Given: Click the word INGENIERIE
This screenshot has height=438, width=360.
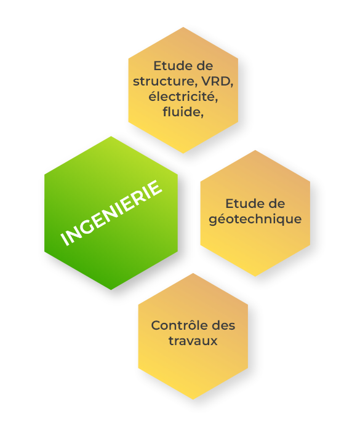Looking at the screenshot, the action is pos(111,213).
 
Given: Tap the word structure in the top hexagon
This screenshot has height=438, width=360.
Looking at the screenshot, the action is pos(164,81).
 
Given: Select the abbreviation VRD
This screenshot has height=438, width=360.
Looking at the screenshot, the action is pos(216,81).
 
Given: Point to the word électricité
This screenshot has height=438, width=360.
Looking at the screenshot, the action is pos(183,97).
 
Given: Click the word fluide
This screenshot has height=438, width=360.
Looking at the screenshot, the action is pos(182,111).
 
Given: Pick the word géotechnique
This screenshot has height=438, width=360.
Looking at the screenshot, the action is pos(255,219).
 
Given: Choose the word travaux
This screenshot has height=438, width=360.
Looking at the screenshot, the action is pos(193,341).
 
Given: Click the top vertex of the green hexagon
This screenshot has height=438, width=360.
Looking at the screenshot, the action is pos(111,137).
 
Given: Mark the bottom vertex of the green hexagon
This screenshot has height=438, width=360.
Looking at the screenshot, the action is pos(111,290).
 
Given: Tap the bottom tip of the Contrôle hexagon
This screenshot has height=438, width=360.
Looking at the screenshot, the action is pos(193,399).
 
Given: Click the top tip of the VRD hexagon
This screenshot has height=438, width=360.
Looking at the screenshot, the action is pos(183,27).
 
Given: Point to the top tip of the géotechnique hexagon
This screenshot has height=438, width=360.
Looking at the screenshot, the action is pos(255,150).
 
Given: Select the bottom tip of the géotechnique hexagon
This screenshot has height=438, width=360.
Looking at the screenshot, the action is pos(255,276).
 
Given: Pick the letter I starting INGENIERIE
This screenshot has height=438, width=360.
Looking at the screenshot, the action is pos(65,240).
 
